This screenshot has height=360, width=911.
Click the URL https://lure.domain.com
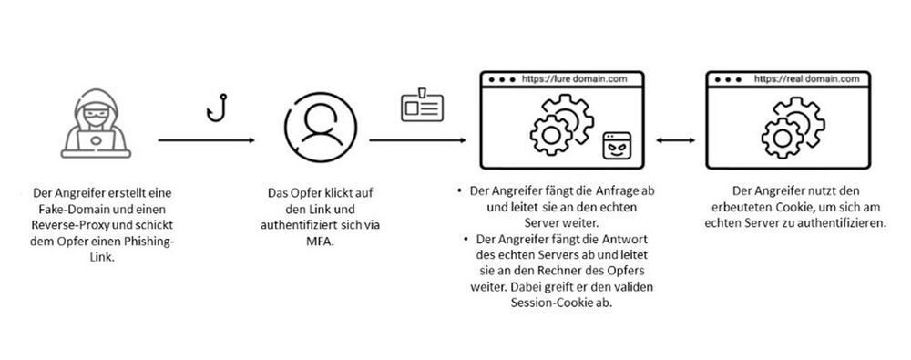(574, 79)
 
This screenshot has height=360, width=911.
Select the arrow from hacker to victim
(206, 140)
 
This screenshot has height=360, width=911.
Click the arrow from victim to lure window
(418, 140)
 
